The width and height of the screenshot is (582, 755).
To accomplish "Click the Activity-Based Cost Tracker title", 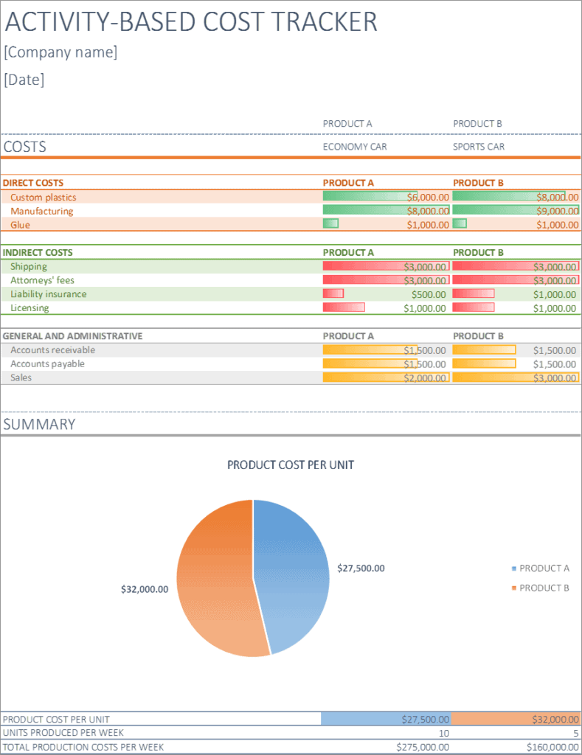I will click(x=191, y=22).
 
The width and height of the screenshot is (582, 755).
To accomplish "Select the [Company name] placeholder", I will click(x=60, y=52).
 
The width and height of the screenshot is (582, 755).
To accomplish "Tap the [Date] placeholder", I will click(x=24, y=80).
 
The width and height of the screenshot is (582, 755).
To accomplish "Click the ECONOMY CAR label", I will click(x=355, y=147).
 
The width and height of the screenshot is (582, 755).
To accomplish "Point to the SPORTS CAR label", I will click(x=479, y=147).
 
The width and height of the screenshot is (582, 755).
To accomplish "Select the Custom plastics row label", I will click(x=44, y=198).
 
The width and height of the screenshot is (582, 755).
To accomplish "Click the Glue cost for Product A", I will click(x=428, y=225).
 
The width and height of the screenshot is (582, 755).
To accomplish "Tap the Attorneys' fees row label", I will click(x=42, y=280).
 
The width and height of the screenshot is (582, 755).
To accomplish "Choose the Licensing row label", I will click(x=30, y=308).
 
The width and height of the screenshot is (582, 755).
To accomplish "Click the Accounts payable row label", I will click(x=47, y=364).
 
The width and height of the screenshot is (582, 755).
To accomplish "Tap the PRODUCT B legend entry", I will click(x=544, y=588).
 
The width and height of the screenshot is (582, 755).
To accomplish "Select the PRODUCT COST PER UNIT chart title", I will click(x=291, y=465).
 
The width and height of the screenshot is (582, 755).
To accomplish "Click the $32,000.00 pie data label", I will click(x=145, y=589).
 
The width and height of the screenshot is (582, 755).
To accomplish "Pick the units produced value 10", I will click(x=443, y=734).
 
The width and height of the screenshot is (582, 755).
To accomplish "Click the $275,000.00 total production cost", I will click(x=423, y=748).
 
